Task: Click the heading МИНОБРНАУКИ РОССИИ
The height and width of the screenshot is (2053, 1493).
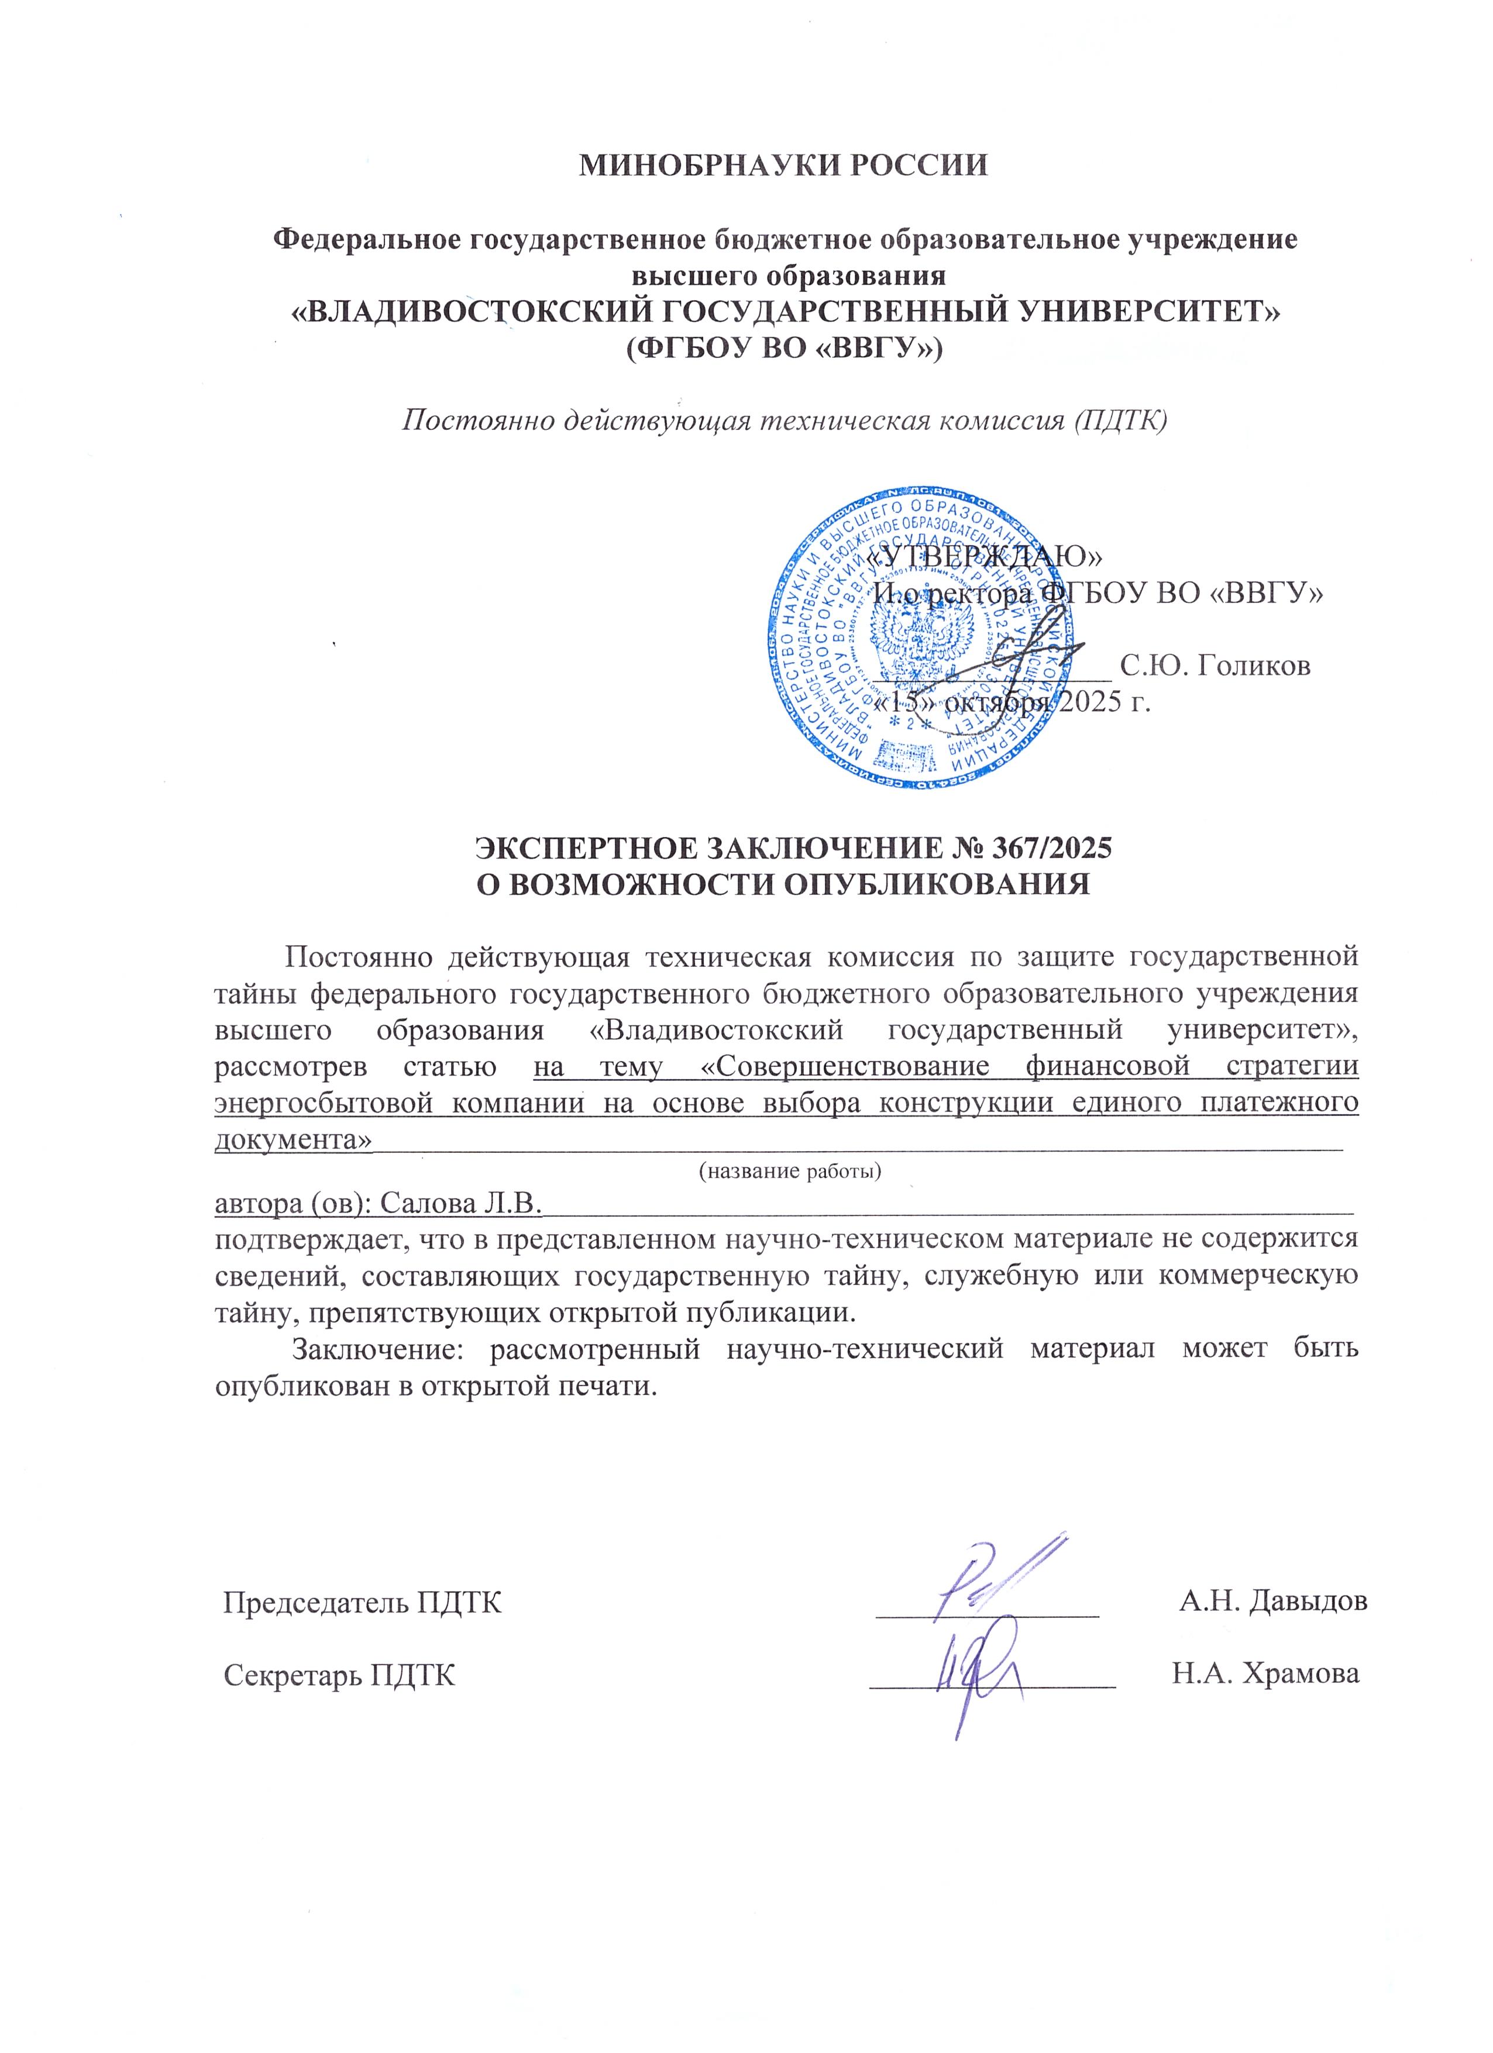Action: (x=783, y=166)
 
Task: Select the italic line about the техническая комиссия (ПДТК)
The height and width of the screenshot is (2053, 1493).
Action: (x=784, y=422)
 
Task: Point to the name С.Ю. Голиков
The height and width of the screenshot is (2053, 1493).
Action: (x=1215, y=666)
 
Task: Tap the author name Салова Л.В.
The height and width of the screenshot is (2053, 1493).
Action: (x=460, y=1203)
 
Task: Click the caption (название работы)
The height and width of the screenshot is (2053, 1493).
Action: (x=790, y=1172)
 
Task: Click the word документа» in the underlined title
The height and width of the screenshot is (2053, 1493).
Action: (x=293, y=1139)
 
